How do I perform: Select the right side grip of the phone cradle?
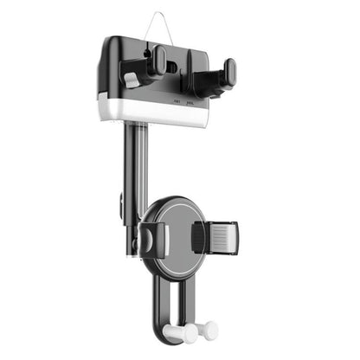216,236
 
